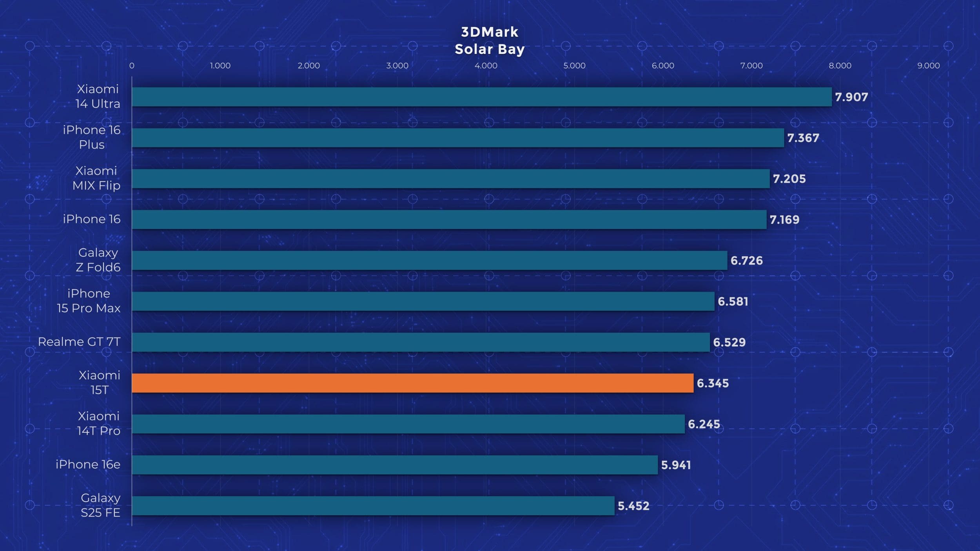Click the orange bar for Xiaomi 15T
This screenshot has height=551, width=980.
[412, 383]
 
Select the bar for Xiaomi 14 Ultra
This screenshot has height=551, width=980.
[481, 97]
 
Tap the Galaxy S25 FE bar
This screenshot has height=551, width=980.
[373, 506]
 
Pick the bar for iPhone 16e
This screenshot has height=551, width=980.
[394, 465]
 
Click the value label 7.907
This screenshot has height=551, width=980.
[851, 97]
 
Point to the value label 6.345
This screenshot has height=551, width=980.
[713, 383]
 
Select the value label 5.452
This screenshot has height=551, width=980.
[633, 506]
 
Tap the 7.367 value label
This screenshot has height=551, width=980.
[803, 138]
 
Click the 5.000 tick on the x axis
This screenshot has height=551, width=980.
[574, 66]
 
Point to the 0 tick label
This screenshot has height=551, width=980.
[132, 66]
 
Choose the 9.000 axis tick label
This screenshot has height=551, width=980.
[928, 66]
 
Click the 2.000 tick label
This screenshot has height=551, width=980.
[309, 66]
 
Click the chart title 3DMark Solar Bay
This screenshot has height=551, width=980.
[490, 41]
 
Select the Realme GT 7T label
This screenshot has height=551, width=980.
[79, 342]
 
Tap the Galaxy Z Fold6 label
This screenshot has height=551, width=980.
[98, 260]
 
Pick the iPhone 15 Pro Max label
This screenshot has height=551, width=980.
[89, 301]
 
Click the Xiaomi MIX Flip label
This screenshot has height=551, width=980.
[96, 178]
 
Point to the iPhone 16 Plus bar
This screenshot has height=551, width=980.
[457, 138]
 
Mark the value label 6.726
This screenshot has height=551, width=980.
[746, 261]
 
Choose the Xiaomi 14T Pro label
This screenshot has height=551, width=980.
[99, 423]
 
